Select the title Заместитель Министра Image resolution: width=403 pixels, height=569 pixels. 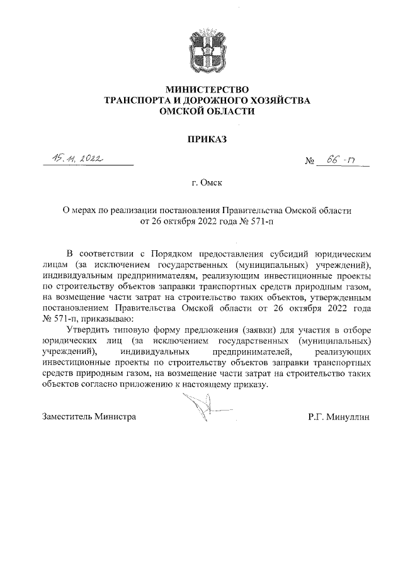[89, 416]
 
